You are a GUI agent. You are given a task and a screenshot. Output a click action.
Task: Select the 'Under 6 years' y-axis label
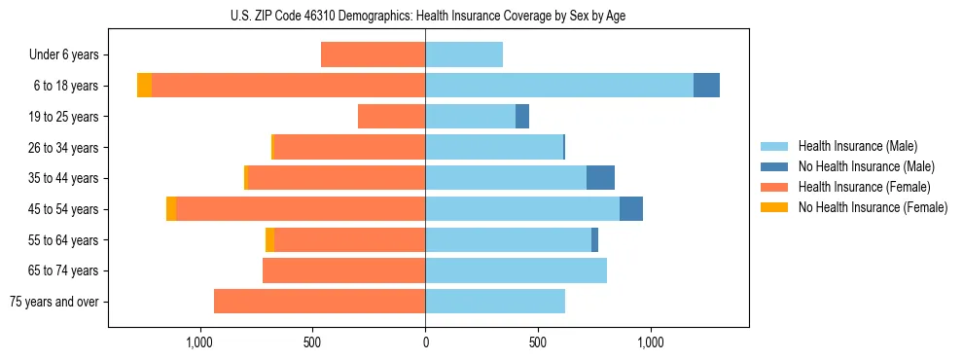click(x=64, y=55)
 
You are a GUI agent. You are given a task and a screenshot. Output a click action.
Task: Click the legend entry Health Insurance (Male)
click(x=856, y=146)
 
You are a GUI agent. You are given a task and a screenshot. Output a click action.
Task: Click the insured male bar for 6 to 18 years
click(x=559, y=86)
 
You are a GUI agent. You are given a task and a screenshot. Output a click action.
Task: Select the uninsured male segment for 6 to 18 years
click(x=706, y=86)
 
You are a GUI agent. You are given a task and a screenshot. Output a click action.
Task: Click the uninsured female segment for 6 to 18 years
click(x=144, y=86)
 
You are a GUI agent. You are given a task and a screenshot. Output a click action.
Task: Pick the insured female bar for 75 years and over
click(x=319, y=302)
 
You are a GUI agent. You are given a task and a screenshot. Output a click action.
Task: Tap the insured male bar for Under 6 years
click(x=464, y=55)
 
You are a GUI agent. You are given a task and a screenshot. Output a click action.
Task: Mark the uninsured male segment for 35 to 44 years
click(x=600, y=178)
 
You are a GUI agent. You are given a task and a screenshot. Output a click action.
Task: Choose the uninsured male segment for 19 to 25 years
click(x=522, y=117)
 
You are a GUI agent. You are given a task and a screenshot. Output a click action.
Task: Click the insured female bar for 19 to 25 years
click(x=391, y=117)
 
